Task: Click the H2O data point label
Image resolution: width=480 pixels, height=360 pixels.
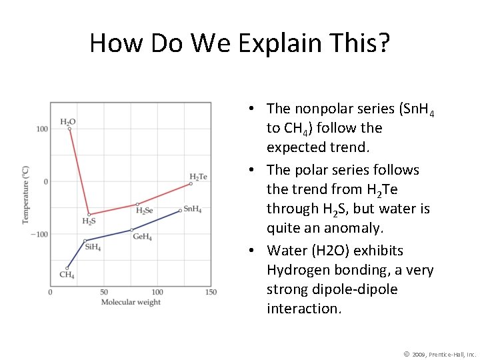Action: pyautogui.click(x=67, y=122)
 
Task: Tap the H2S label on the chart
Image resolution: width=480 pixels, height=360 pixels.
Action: pyautogui.click(x=89, y=221)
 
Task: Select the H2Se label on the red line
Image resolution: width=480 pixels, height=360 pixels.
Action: pyautogui.click(x=144, y=211)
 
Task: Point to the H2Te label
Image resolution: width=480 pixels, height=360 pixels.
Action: pyautogui.click(x=198, y=176)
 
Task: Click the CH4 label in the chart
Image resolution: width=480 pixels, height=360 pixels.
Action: pyautogui.click(x=67, y=275)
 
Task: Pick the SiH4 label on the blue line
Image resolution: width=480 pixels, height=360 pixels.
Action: pyautogui.click(x=93, y=247)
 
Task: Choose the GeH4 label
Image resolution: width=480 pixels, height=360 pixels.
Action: pyautogui.click(x=142, y=236)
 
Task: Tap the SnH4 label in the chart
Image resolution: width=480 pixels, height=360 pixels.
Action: pyautogui.click(x=192, y=209)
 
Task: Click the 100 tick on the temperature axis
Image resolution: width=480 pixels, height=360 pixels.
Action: pyautogui.click(x=41, y=129)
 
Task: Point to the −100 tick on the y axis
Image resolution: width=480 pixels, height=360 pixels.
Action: pyautogui.click(x=39, y=234)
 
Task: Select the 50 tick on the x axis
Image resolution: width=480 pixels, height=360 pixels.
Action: pyautogui.click(x=103, y=292)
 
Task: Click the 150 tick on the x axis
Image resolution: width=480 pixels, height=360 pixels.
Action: pyautogui.click(x=210, y=292)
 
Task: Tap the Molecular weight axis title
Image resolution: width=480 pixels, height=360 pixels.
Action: pyautogui.click(x=131, y=303)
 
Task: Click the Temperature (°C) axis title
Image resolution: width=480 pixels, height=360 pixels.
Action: pyautogui.click(x=26, y=194)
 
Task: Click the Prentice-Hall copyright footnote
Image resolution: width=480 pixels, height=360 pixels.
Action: pyautogui.click(x=441, y=354)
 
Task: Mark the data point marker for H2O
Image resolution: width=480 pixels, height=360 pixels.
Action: pyautogui.click(x=69, y=129)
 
